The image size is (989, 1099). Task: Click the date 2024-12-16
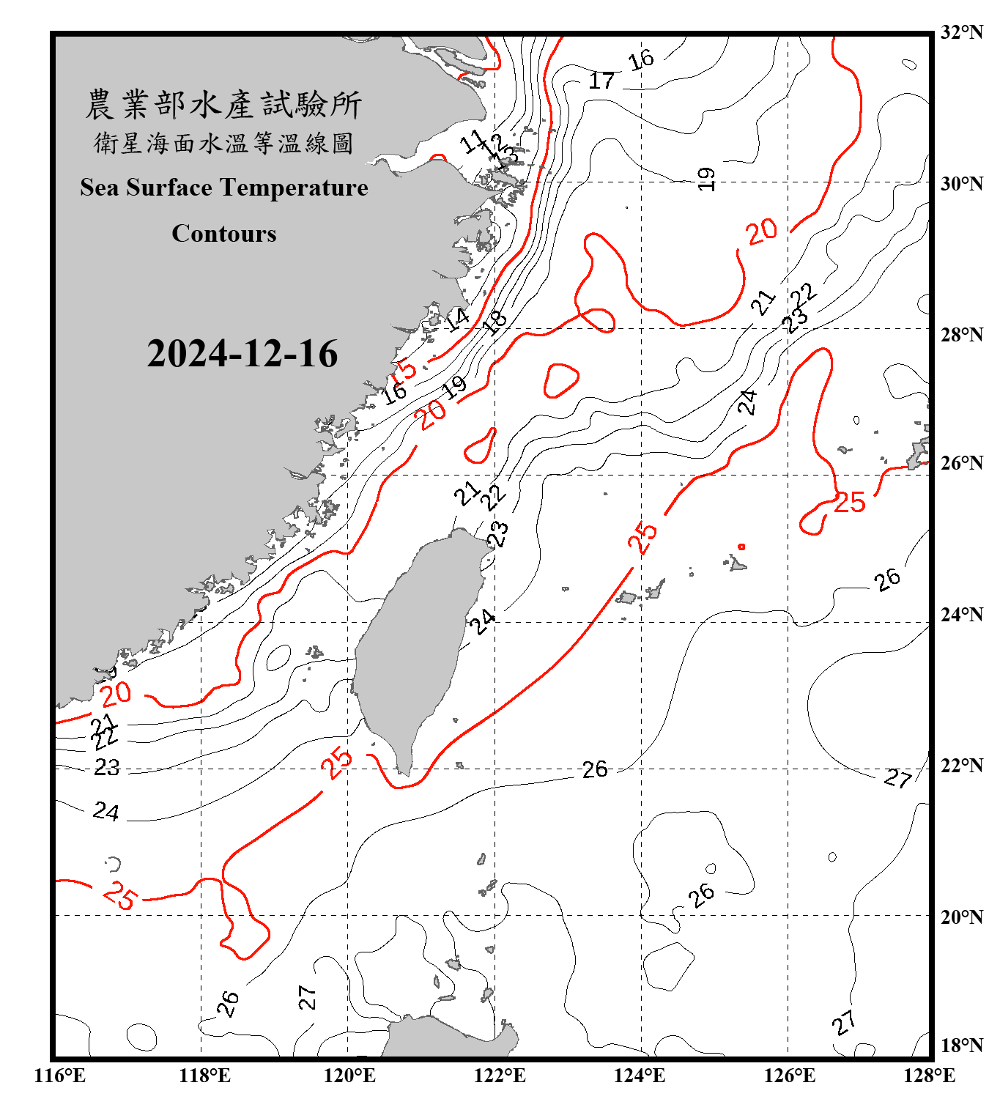[x=242, y=354]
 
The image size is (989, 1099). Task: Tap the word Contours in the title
[x=224, y=234]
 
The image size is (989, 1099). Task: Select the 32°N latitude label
[x=961, y=32]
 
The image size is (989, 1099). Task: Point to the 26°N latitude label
[x=961, y=463]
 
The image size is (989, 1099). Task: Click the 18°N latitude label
[x=961, y=1046]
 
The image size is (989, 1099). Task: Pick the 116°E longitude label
[x=60, y=1076]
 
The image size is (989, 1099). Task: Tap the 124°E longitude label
[x=640, y=1076]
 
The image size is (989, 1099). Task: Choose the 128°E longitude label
[x=929, y=1076]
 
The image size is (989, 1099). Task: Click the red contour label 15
[x=404, y=369]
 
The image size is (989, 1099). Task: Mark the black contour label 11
[x=473, y=141]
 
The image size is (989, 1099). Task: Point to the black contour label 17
[x=601, y=80]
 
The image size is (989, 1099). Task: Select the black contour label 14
[x=458, y=318]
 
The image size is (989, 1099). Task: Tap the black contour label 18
[x=496, y=320]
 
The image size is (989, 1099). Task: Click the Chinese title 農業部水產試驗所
[x=223, y=105]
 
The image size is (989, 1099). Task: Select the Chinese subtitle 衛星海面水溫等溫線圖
[x=223, y=143]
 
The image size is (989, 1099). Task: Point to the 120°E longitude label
[x=349, y=1076]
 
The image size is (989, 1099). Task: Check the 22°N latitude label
[x=961, y=766]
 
